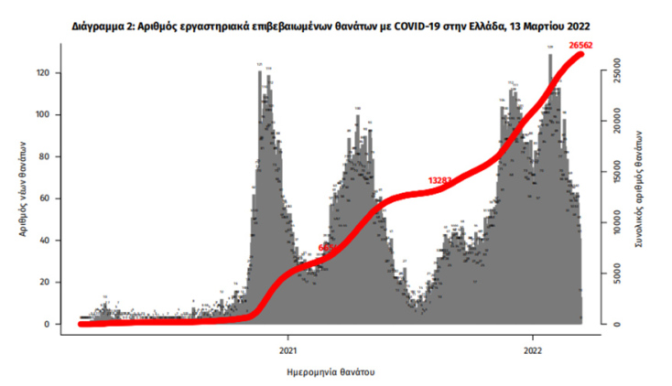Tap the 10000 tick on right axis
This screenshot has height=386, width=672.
click(617, 220)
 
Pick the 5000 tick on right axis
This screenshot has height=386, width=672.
click(617, 273)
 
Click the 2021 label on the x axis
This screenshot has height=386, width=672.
click(287, 349)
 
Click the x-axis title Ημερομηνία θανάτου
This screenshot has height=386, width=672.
click(330, 372)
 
